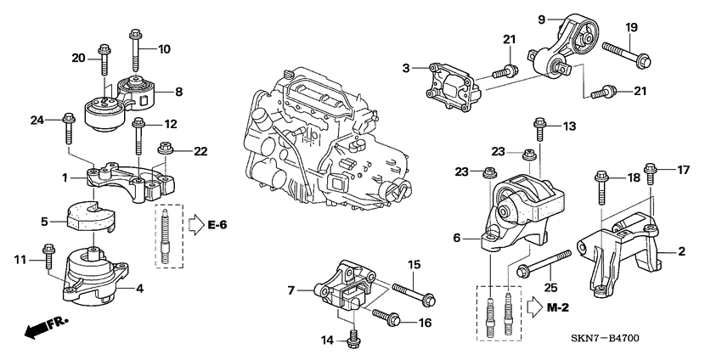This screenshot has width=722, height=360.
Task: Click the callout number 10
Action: click(164, 49)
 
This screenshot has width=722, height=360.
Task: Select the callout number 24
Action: click(36, 120)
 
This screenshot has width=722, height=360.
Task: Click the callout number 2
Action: click(680, 251)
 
